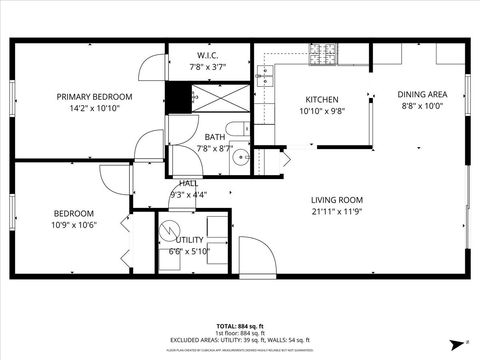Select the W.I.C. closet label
[208, 55]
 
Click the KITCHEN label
[322, 100]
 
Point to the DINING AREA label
[422, 94]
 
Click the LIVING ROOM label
[336, 200]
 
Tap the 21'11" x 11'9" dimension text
[336, 212]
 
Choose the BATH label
[215, 137]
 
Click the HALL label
[188, 183]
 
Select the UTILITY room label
[190, 240]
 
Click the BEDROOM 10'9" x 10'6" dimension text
[74, 225]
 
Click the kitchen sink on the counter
[265, 73]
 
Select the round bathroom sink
[241, 159]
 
